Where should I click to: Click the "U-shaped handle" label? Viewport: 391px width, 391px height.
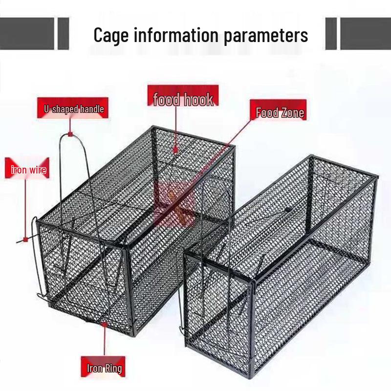point(71,109)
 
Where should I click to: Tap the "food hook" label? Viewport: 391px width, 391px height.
point(183,100)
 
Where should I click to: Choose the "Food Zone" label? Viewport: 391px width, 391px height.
point(280,113)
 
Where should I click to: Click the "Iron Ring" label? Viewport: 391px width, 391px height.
point(104,368)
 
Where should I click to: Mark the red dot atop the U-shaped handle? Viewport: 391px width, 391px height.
point(70,133)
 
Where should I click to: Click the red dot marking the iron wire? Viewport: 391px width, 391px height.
point(24,240)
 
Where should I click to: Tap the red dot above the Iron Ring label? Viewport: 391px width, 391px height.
point(104,323)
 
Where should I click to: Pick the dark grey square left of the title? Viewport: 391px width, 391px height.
point(63,34)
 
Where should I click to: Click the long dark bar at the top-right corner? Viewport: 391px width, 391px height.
point(367,34)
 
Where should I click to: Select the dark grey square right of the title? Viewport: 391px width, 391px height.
point(331,34)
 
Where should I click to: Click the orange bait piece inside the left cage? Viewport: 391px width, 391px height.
point(171,195)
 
